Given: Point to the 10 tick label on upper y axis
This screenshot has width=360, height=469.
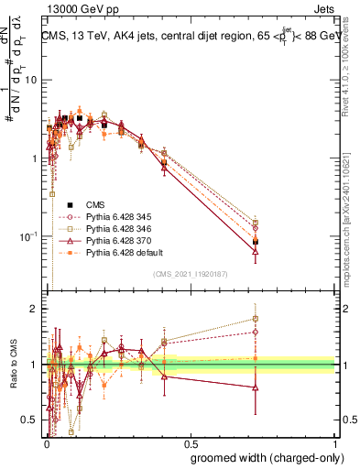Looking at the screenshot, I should point(29,81).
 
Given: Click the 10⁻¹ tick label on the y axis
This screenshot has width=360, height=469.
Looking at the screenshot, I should point(27,237).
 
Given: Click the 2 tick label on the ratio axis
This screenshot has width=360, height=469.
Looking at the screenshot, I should point(33,309).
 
